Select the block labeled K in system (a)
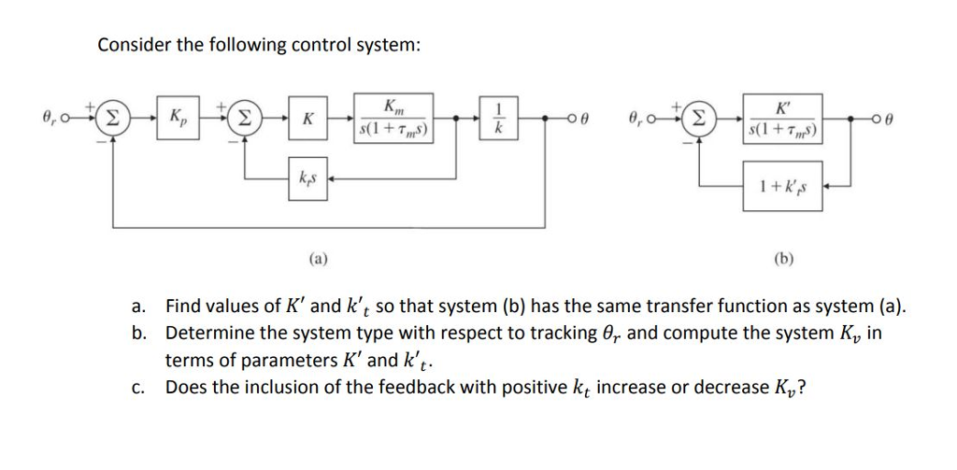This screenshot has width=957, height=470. tap(307, 120)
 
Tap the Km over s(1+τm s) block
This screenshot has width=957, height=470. tap(393, 120)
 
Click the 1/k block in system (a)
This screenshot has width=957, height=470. tap(497, 120)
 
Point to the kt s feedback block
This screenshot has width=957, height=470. tap(307, 178)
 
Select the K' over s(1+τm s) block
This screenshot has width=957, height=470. tap(783, 120)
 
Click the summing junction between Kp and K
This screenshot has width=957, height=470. tap(245, 120)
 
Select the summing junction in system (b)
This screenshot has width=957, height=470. tap(697, 120)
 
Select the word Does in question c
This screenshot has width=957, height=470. tap(183, 388)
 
